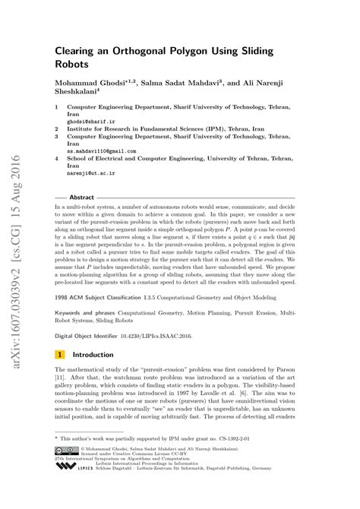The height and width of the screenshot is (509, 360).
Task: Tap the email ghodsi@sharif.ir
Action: coord(88,122)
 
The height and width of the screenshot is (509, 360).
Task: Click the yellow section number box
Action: coord(59,354)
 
